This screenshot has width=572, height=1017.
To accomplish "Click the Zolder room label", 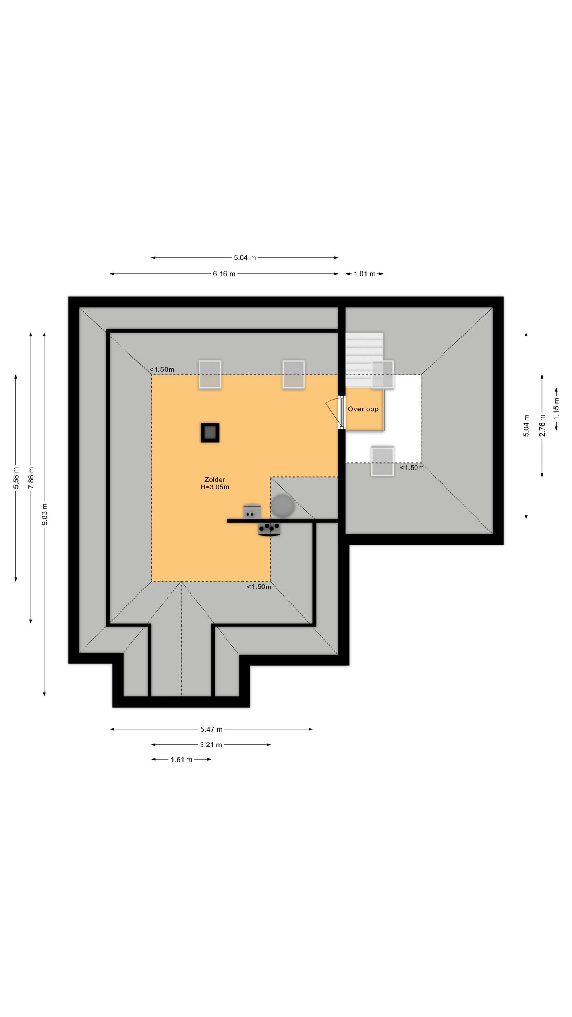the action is [x=214, y=479].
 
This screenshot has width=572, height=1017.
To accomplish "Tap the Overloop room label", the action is [x=363, y=409].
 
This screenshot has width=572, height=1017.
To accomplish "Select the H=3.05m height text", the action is [x=215, y=487].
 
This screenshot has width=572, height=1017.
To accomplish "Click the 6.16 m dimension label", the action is [x=224, y=274].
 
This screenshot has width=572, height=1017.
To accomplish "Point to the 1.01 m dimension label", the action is [x=365, y=274].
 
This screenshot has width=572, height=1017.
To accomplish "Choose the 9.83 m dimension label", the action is [x=45, y=514].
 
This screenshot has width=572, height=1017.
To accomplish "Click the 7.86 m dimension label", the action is [x=31, y=478].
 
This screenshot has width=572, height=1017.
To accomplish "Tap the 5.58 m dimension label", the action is [x=16, y=478].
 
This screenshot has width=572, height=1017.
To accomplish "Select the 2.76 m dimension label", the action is [x=542, y=425].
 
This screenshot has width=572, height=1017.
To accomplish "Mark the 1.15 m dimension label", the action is [x=557, y=409].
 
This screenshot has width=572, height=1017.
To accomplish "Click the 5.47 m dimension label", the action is [x=211, y=729].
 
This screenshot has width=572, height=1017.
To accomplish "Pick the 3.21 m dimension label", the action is [x=211, y=744].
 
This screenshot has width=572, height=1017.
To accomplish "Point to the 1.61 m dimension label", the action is [x=182, y=760].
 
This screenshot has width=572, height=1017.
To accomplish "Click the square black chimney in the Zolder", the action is [x=210, y=433].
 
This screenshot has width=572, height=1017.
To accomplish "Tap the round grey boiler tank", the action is [x=282, y=506].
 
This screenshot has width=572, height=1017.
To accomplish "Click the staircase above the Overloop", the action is [x=364, y=360].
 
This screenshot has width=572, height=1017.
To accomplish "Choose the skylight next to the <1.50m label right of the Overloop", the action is [x=383, y=461].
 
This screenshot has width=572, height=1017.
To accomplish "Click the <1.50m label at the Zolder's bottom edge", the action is [x=259, y=587].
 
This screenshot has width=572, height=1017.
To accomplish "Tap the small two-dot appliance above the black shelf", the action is [x=252, y=512].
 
